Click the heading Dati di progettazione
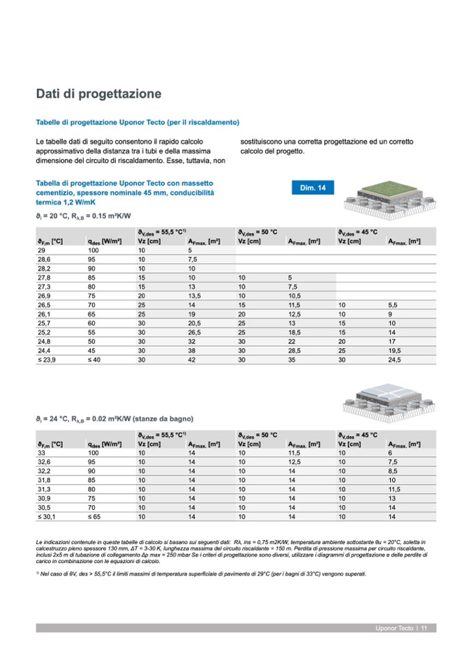pyautogui.click(x=98, y=93)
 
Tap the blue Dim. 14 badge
pyautogui.click(x=313, y=188)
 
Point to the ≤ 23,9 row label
pyautogui.click(x=47, y=359)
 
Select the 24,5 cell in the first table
pyautogui.click(x=394, y=359)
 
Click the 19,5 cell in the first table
pyautogui.click(x=394, y=349)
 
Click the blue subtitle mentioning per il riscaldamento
pyautogui.click(x=138, y=122)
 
